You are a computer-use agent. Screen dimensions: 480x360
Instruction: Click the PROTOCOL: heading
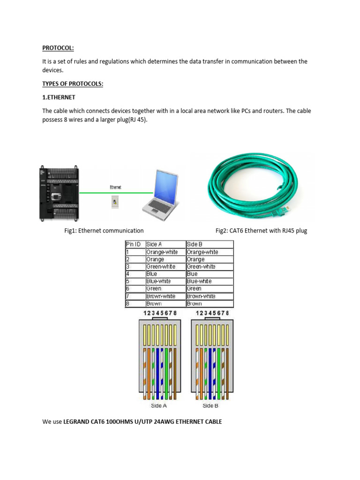(x=58, y=48)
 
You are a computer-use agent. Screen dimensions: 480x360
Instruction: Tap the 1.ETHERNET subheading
(x=59, y=97)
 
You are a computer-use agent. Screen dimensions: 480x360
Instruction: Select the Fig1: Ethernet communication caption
(x=104, y=231)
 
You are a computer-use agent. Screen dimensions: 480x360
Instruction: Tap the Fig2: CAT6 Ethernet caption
(x=261, y=231)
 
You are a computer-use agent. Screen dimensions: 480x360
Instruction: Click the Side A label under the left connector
(x=158, y=405)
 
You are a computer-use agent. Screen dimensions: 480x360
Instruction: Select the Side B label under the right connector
(x=210, y=405)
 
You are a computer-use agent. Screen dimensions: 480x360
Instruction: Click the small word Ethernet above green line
(x=115, y=187)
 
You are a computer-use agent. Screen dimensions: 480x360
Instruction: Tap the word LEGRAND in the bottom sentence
(x=77, y=422)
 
